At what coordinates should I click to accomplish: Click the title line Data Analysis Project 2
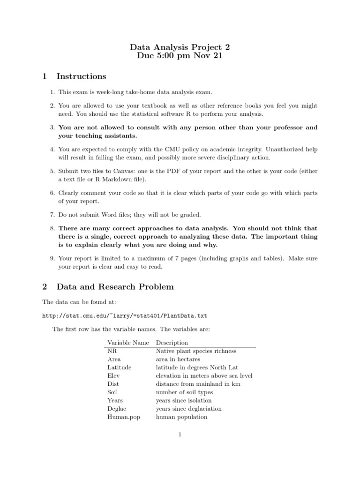coord(180,47)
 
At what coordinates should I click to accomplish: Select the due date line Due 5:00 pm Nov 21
coord(180,56)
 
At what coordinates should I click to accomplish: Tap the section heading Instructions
coord(81,76)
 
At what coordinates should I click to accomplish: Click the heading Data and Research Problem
coord(115,286)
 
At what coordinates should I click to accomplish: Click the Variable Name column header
coord(128,343)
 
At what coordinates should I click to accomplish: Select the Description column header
coord(172,343)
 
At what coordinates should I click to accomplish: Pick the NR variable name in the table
coord(112,351)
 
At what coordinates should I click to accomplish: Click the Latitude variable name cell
coord(119,367)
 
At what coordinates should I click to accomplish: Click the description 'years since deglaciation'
coord(188,408)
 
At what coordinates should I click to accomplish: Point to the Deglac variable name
coord(117,408)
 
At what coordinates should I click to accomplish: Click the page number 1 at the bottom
coord(180,435)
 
